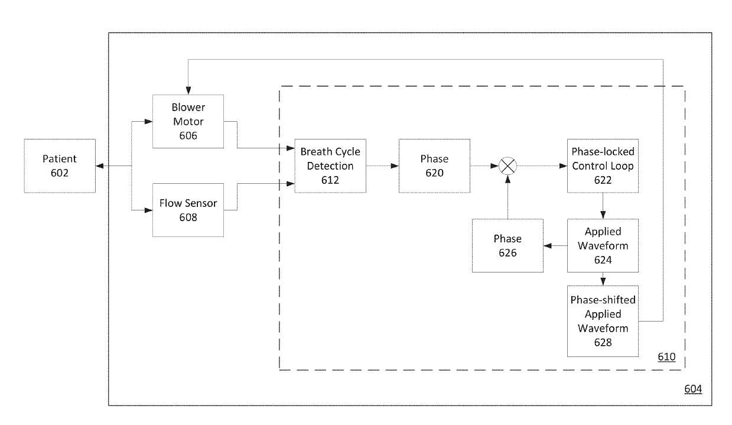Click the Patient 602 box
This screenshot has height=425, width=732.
pyautogui.click(x=60, y=166)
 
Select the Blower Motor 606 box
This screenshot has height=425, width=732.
pyautogui.click(x=188, y=121)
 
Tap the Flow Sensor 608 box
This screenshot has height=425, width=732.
pyautogui.click(x=188, y=210)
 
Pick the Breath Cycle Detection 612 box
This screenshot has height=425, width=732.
pyautogui.click(x=330, y=166)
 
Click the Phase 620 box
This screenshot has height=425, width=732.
pyautogui.click(x=434, y=166)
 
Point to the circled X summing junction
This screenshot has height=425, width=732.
pyautogui.click(x=508, y=166)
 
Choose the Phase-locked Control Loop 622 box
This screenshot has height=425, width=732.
pyautogui.click(x=603, y=166)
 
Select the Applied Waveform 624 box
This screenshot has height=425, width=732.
pyautogui.click(x=603, y=245)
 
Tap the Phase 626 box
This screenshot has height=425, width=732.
pyautogui.click(x=508, y=245)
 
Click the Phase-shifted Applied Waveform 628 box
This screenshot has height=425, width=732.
pyautogui.click(x=603, y=321)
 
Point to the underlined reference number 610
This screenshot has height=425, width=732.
pyautogui.click(x=666, y=356)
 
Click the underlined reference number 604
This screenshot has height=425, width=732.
pyautogui.click(x=693, y=389)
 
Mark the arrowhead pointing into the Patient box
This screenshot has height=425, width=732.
pyautogui.click(x=100, y=166)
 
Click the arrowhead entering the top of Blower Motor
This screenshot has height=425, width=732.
pyautogui.click(x=188, y=90)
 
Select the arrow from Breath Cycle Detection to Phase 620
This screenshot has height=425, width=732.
pyautogui.click(x=382, y=166)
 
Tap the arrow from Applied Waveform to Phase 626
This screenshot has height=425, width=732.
pyautogui.click(x=555, y=246)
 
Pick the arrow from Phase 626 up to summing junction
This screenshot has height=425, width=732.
pyautogui.click(x=508, y=197)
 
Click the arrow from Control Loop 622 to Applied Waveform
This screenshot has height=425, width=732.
pyautogui.click(x=603, y=206)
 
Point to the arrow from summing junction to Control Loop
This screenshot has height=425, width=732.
pyautogui.click(x=542, y=166)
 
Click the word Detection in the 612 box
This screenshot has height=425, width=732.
pyautogui.click(x=330, y=166)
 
